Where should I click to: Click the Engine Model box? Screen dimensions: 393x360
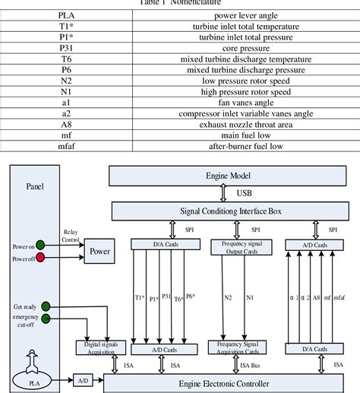[228, 176]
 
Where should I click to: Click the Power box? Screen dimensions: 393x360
[100, 249]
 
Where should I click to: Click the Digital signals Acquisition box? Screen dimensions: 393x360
[99, 347]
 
